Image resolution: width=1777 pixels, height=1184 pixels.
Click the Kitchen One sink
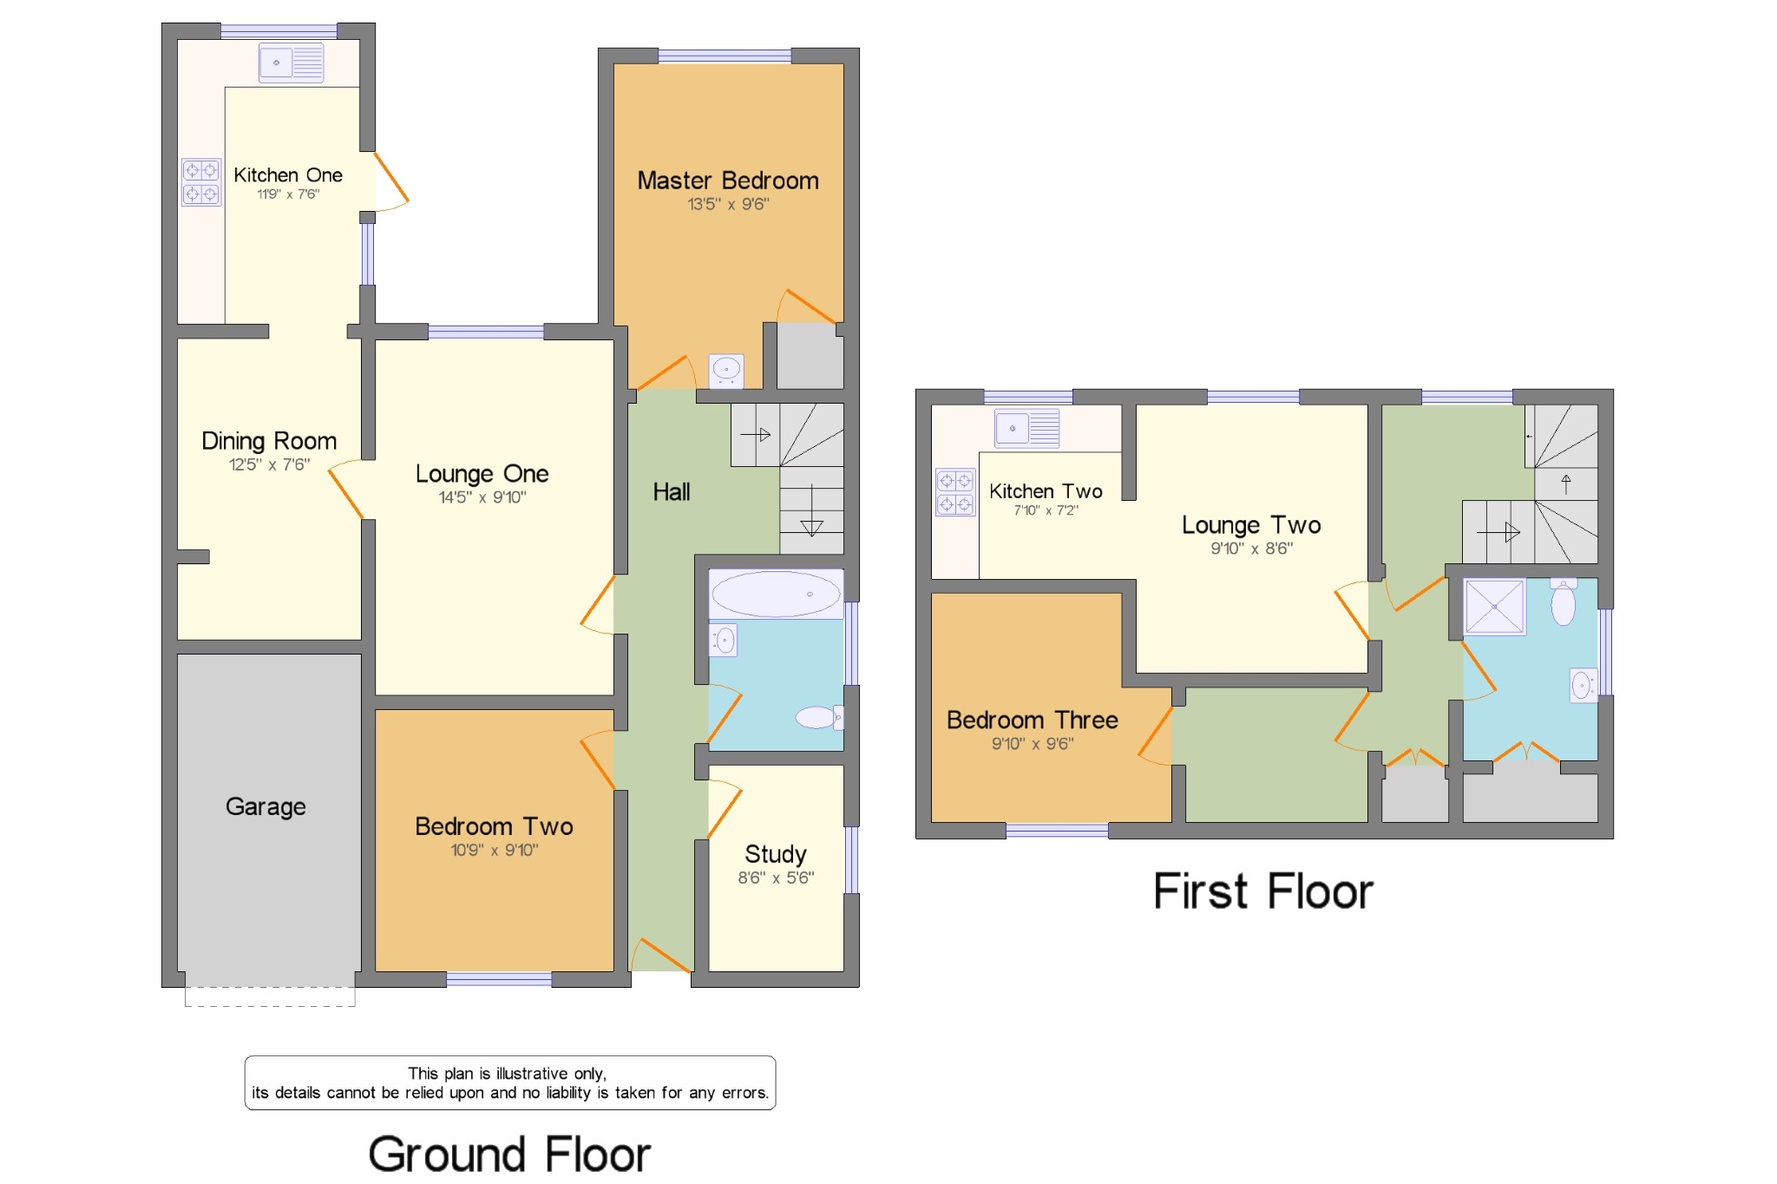click(x=291, y=62)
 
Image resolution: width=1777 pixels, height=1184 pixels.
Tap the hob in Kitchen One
click(x=200, y=182)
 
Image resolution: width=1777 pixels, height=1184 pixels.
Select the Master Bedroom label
click(x=727, y=181)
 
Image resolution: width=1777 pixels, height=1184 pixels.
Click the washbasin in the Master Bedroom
click(x=726, y=371)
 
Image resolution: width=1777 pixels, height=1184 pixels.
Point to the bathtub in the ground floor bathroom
click(x=776, y=594)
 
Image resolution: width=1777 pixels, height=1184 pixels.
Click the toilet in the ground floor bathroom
click(x=818, y=717)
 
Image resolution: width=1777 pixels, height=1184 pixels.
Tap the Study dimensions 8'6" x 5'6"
click(x=776, y=878)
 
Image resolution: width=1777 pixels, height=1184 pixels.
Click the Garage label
click(x=266, y=806)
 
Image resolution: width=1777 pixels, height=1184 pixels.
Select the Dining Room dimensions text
click(x=269, y=464)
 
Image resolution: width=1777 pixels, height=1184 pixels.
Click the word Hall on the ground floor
click(x=671, y=492)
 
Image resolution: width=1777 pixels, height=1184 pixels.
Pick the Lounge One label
click(x=482, y=474)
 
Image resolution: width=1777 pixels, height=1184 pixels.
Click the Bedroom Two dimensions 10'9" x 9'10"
click(x=494, y=850)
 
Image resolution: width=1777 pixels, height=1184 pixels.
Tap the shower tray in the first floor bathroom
click(x=1494, y=606)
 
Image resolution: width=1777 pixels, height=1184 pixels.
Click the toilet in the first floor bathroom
click(x=1564, y=602)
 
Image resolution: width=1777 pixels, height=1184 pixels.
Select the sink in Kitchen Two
click(x=1027, y=428)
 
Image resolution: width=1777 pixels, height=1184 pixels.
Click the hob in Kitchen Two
click(x=954, y=492)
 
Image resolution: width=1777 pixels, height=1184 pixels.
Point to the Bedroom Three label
click(x=1032, y=720)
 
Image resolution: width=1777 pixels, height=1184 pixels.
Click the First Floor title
click(x=1262, y=891)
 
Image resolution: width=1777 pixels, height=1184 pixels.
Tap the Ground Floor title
click(x=509, y=1154)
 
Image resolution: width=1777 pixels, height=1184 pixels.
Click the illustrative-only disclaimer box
click(x=510, y=1082)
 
